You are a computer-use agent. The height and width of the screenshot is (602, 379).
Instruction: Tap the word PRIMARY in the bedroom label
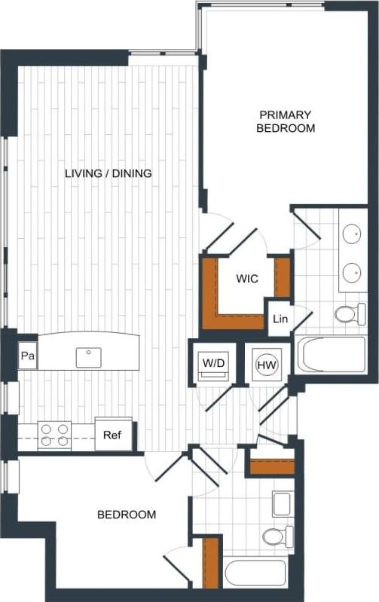point(285,115)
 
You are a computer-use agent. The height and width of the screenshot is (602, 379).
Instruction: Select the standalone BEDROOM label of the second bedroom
point(127,515)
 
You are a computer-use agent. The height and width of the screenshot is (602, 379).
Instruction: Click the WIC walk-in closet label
point(246,279)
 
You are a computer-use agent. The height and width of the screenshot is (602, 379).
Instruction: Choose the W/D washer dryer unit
point(213,363)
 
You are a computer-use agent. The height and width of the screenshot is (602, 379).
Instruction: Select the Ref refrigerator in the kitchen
point(112,435)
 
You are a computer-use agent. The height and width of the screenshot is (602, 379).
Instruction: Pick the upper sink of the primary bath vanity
point(351,234)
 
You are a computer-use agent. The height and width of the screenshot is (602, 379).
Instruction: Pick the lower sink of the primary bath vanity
point(351,270)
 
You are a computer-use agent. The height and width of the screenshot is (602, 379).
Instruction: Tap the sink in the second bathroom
point(281,503)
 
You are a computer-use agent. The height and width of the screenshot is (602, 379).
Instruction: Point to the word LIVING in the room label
point(83,173)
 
